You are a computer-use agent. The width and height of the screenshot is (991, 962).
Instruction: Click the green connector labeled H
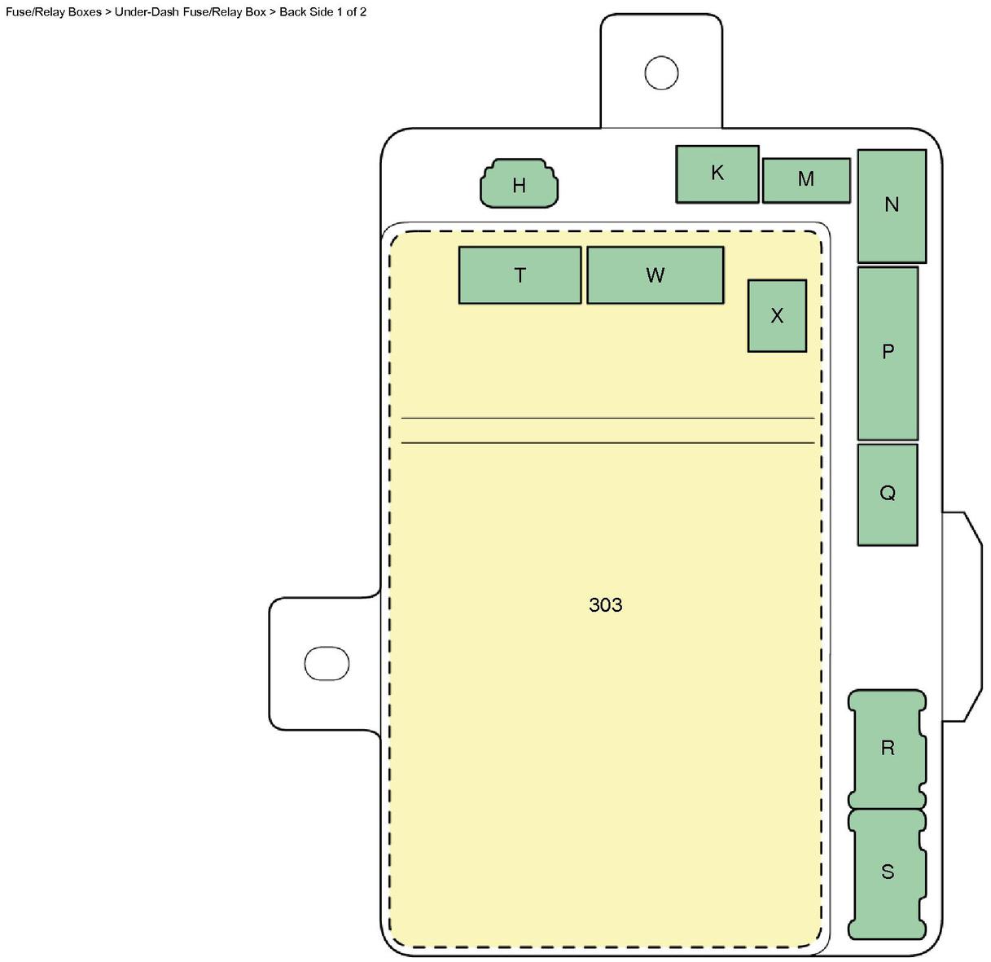[x=519, y=183]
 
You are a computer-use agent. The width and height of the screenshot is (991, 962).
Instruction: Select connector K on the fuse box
[x=717, y=174]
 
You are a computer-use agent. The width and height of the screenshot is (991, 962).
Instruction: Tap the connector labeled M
[x=806, y=180]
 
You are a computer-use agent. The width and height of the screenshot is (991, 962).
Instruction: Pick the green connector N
[x=892, y=206]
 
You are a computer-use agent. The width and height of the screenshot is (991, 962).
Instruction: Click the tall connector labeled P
[x=888, y=353]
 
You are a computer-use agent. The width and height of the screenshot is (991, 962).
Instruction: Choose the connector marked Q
[x=888, y=494]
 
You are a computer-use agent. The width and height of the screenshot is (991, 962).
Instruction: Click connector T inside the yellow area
[x=520, y=275]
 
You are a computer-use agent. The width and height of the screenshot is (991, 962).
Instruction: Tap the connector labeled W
[x=656, y=275]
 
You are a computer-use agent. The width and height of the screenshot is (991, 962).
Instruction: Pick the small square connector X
[x=777, y=315]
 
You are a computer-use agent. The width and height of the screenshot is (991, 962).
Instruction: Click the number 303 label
[x=606, y=605]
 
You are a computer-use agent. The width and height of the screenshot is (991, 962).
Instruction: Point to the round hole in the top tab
[x=661, y=72]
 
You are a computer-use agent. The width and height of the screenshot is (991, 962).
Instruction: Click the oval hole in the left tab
[x=327, y=663]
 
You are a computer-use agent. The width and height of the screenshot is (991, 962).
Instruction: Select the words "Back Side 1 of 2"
[x=322, y=11]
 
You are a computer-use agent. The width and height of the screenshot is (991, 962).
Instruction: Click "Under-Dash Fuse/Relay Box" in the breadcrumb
[x=191, y=11]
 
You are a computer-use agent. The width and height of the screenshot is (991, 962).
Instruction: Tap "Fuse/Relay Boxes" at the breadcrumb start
[x=54, y=11]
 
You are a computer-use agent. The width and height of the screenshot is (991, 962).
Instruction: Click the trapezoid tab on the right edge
[x=962, y=617]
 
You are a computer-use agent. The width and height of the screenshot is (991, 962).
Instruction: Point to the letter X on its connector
[x=777, y=316]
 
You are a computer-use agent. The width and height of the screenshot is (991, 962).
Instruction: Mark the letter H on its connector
[x=519, y=186]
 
